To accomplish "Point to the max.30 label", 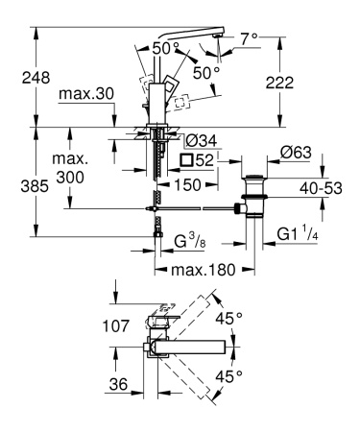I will tap(87, 94).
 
